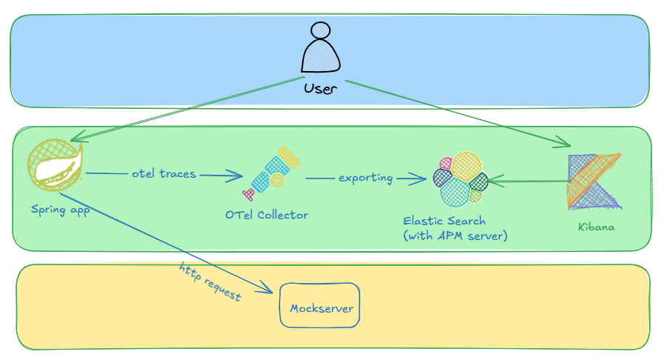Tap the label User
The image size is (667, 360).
coord(321,89)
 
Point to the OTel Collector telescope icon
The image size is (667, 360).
coord(271,173)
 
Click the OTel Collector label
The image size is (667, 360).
coord(266,215)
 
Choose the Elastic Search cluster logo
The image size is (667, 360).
coord(459,179)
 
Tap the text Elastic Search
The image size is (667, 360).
coord(444,221)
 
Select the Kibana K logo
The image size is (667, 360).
coord(593,181)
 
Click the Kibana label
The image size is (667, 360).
coord(597,227)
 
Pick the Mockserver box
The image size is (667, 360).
coord(319,308)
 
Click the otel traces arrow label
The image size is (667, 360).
coord(163,174)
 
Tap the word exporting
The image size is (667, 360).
coord(366,179)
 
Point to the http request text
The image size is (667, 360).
coord(210,281)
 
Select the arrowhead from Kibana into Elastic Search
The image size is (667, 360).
coord(492,181)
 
